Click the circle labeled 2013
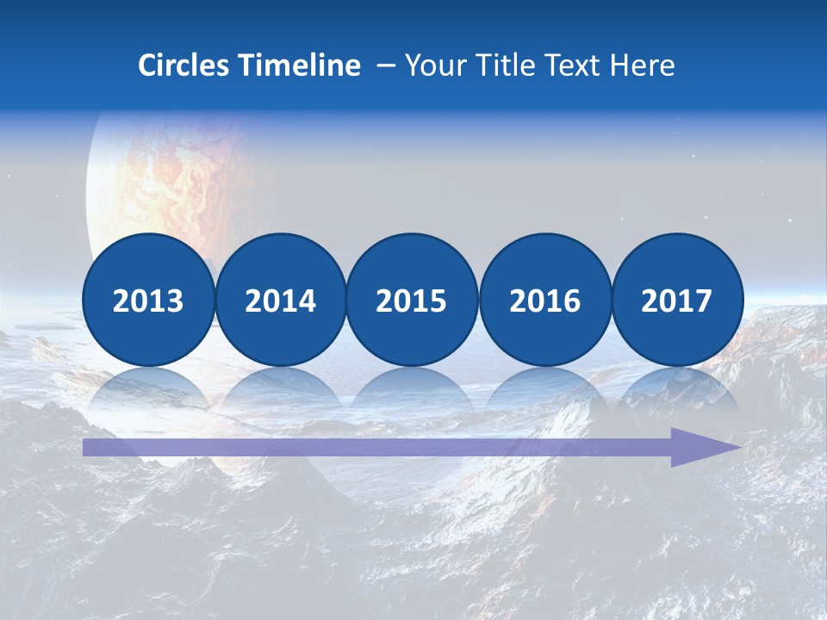(x=148, y=300)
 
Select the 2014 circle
(x=281, y=300)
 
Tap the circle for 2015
(x=412, y=300)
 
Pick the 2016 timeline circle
(x=545, y=300)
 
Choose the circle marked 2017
(x=677, y=300)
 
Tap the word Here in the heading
(x=642, y=65)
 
